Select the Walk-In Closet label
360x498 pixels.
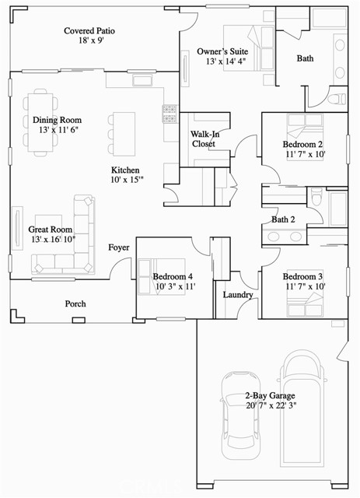click(x=203, y=139)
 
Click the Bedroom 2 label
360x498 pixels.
click(x=303, y=145)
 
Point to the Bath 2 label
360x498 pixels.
click(x=283, y=219)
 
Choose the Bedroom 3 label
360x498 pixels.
click(x=303, y=277)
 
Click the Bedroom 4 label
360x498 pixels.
click(x=173, y=277)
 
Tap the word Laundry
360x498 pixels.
click(x=237, y=295)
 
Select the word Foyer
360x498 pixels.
click(x=119, y=247)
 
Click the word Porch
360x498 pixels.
click(x=75, y=303)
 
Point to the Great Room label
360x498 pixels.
click(x=50, y=230)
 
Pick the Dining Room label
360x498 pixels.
click(x=57, y=121)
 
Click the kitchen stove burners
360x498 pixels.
click(x=170, y=114)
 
